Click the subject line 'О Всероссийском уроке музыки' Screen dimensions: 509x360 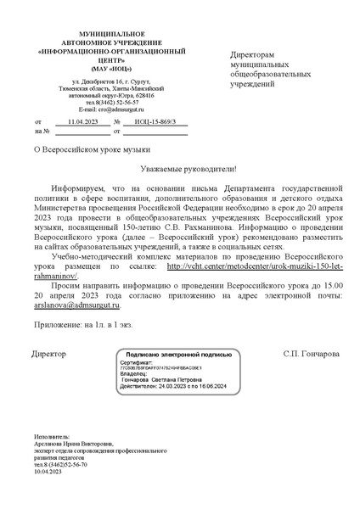pos(90,148)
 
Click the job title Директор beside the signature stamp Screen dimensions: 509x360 pos(48,353)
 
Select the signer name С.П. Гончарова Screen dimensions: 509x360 pos(312,353)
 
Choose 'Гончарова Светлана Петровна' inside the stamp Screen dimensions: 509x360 pos(172,380)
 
